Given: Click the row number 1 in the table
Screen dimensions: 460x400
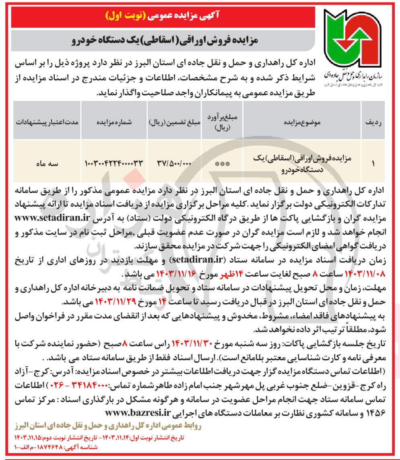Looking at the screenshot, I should (372, 164).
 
